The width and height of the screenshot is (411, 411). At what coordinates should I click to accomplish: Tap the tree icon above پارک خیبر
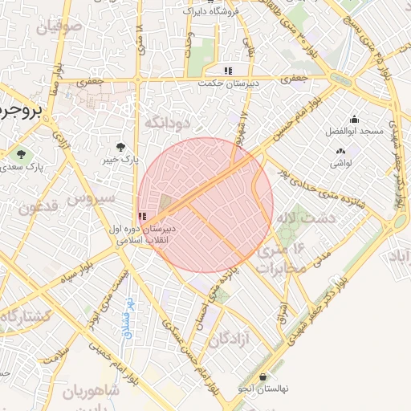[120, 147]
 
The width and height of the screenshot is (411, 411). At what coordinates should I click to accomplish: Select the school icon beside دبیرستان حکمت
[229, 70]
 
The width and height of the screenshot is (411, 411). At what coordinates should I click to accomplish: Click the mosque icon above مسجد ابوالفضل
[354, 118]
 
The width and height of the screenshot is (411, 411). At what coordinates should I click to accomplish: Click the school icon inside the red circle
[143, 216]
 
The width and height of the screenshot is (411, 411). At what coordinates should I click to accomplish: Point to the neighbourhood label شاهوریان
[91, 391]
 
